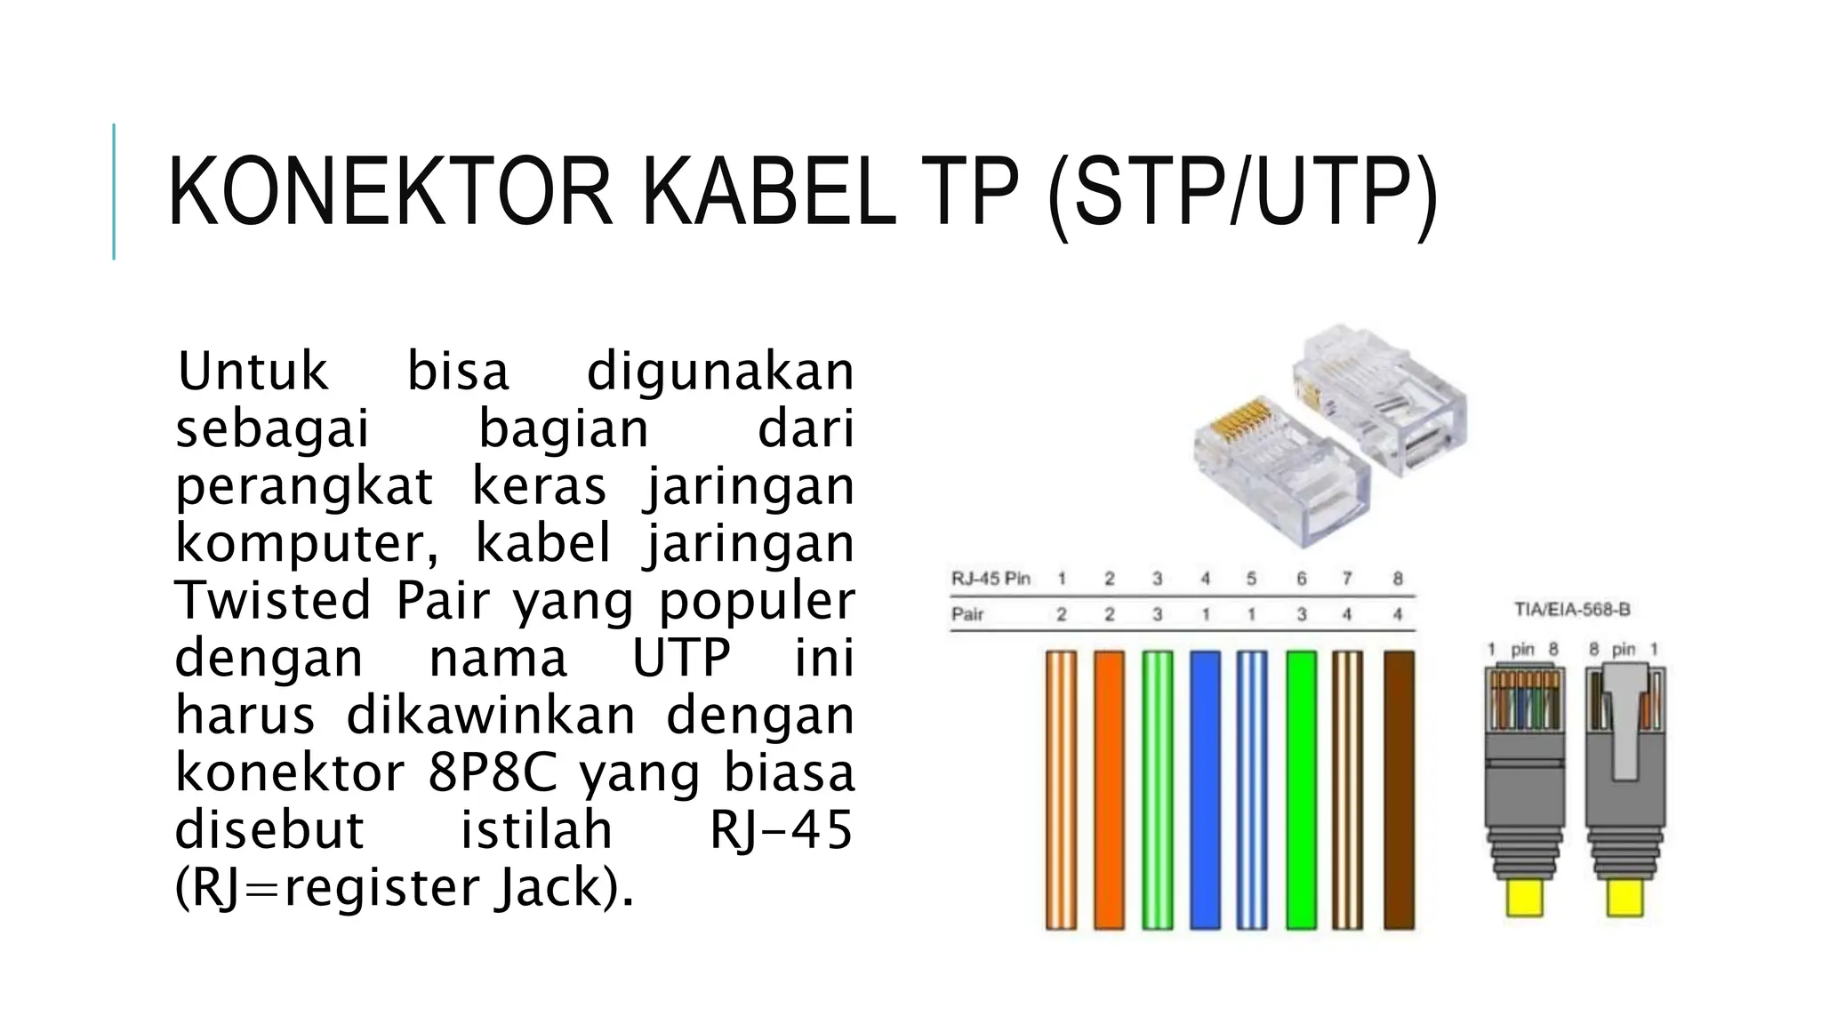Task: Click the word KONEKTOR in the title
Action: pyautogui.click(x=389, y=192)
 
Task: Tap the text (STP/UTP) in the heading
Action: pyautogui.click(x=1242, y=192)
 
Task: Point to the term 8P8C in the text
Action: pyautogui.click(x=492, y=772)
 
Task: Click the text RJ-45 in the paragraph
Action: pyautogui.click(x=781, y=829)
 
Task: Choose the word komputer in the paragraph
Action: pyautogui.click(x=307, y=543)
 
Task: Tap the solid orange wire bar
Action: pyautogui.click(x=1109, y=789)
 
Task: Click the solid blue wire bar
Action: pyautogui.click(x=1205, y=789)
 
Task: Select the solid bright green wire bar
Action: pyautogui.click(x=1301, y=789)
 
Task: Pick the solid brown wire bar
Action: pyautogui.click(x=1399, y=789)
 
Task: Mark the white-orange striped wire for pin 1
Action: pyautogui.click(x=1061, y=789)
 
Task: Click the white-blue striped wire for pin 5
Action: pyautogui.click(x=1252, y=789)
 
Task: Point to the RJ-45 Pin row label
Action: pyautogui.click(x=991, y=579)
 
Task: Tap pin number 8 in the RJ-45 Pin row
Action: pyautogui.click(x=1398, y=579)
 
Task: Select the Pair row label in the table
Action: pyautogui.click(x=967, y=614)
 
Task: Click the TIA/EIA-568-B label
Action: pyautogui.click(x=1572, y=610)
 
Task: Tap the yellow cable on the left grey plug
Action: pyautogui.click(x=1525, y=898)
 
